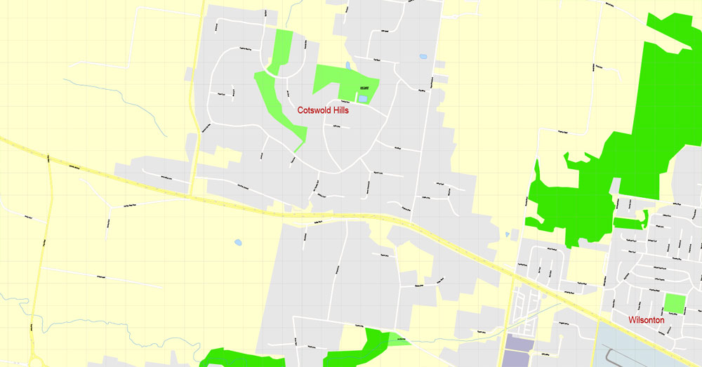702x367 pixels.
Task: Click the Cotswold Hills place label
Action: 323,110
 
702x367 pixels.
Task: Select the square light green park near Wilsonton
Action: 674,303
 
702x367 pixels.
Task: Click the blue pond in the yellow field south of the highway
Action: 238,243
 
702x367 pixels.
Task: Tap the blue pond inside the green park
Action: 362,99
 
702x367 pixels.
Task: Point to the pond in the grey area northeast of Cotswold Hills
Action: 423,57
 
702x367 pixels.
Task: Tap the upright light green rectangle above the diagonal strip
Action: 282,49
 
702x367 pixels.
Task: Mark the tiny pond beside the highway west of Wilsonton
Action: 507,234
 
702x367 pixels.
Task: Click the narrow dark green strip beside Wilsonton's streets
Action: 629,223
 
